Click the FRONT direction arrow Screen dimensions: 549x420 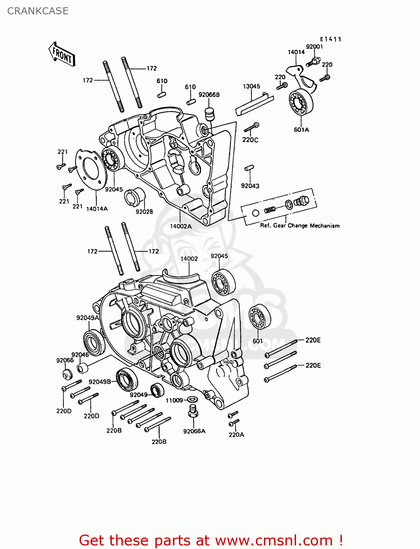pos(62,54)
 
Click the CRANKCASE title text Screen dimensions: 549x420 pos(38,11)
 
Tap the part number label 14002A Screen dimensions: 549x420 pos(181,226)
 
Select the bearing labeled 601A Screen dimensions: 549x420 pos(301,102)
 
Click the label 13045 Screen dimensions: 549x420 pos(251,86)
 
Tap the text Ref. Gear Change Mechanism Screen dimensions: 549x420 pos(300,225)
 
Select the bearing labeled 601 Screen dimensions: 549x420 pos(260,317)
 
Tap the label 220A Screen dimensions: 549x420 pos(236,434)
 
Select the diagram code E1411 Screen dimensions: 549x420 pos(330,39)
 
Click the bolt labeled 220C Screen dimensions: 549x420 pos(251,127)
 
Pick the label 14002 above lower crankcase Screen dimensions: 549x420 pos(189,258)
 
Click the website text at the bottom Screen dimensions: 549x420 pos(211,540)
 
